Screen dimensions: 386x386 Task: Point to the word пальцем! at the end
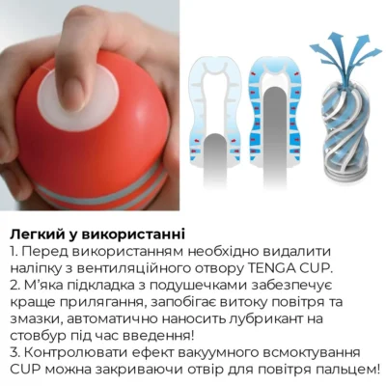pos(346,369)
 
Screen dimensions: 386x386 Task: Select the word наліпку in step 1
pos(37,267)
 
